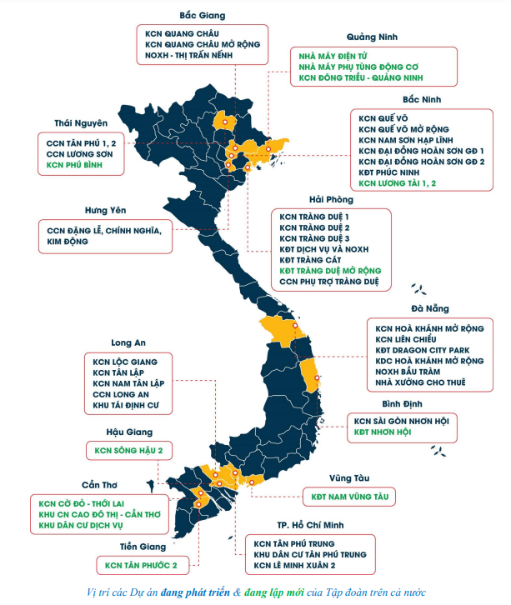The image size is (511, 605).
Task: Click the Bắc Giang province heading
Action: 202,15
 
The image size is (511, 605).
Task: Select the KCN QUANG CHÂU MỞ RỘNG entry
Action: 203,43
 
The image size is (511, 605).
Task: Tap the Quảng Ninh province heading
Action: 372,37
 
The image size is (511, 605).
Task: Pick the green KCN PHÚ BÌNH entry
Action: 79,166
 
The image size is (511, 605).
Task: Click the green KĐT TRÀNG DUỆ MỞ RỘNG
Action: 330,271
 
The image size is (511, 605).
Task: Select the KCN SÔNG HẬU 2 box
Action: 128,451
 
